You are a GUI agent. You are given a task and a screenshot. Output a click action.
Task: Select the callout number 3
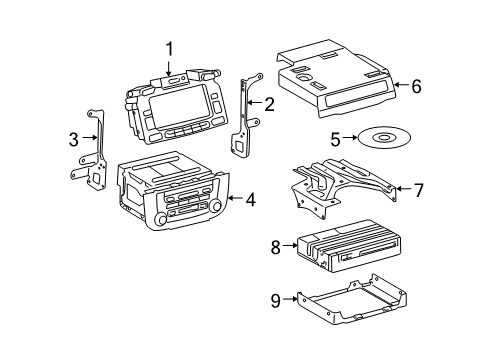(x=74, y=139)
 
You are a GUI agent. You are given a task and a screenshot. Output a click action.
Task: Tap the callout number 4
(x=250, y=199)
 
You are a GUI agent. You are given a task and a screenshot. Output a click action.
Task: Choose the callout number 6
(x=416, y=86)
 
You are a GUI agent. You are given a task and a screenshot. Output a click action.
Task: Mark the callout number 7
(x=419, y=188)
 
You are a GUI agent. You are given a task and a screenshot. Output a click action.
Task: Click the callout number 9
(x=274, y=298)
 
